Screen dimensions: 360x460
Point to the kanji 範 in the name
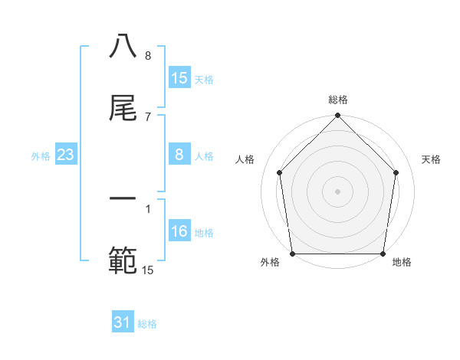123,261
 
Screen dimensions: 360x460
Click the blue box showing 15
179,78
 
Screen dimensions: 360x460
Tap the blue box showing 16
179,232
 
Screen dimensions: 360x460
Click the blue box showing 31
123,323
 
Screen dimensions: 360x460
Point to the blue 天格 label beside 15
204,79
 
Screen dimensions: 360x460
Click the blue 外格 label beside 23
41,156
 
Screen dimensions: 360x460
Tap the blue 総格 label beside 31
147,324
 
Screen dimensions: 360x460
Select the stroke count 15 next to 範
148,270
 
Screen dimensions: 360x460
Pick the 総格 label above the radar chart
338,100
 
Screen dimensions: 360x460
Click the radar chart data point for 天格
396,172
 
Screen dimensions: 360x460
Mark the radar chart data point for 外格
292,254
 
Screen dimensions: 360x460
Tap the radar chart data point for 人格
279,172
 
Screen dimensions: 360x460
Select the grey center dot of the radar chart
337,191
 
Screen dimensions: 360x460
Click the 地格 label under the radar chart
402,262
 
